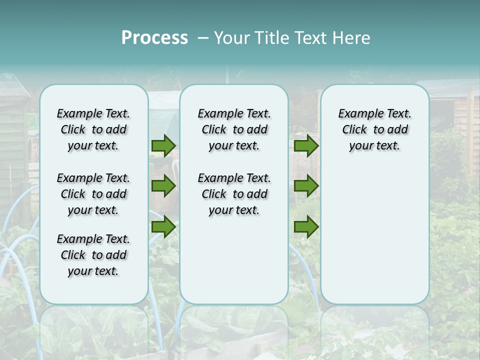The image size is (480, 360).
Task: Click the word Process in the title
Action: [x=154, y=38]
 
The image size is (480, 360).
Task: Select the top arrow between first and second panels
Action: [x=163, y=145]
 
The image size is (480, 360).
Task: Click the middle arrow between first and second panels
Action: [x=163, y=186]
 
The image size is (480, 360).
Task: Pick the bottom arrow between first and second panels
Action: [x=163, y=227]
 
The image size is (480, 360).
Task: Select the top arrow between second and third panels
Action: [x=306, y=145]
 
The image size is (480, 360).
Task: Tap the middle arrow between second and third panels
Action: [x=306, y=186]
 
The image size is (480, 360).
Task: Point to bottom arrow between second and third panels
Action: [x=306, y=227]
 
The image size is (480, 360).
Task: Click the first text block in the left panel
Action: [x=93, y=129]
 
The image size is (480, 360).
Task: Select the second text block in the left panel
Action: [x=93, y=194]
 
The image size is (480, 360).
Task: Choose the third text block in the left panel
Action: [x=93, y=255]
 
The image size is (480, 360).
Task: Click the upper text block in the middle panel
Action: [x=234, y=129]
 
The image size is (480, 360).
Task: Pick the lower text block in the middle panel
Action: [x=234, y=194]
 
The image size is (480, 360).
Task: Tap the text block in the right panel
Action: [x=374, y=129]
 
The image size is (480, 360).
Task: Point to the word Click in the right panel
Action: [x=354, y=130]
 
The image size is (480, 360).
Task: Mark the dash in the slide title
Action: [x=203, y=38]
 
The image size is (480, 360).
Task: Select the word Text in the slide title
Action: [x=311, y=38]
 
